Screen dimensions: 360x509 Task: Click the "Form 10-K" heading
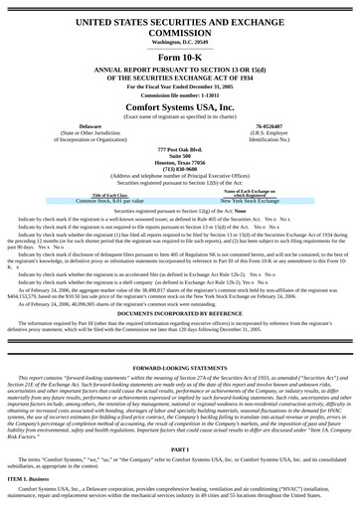pos(180,59)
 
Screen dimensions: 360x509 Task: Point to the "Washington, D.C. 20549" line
pos(180,43)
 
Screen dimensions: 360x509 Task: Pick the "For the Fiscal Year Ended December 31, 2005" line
pos(180,84)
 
